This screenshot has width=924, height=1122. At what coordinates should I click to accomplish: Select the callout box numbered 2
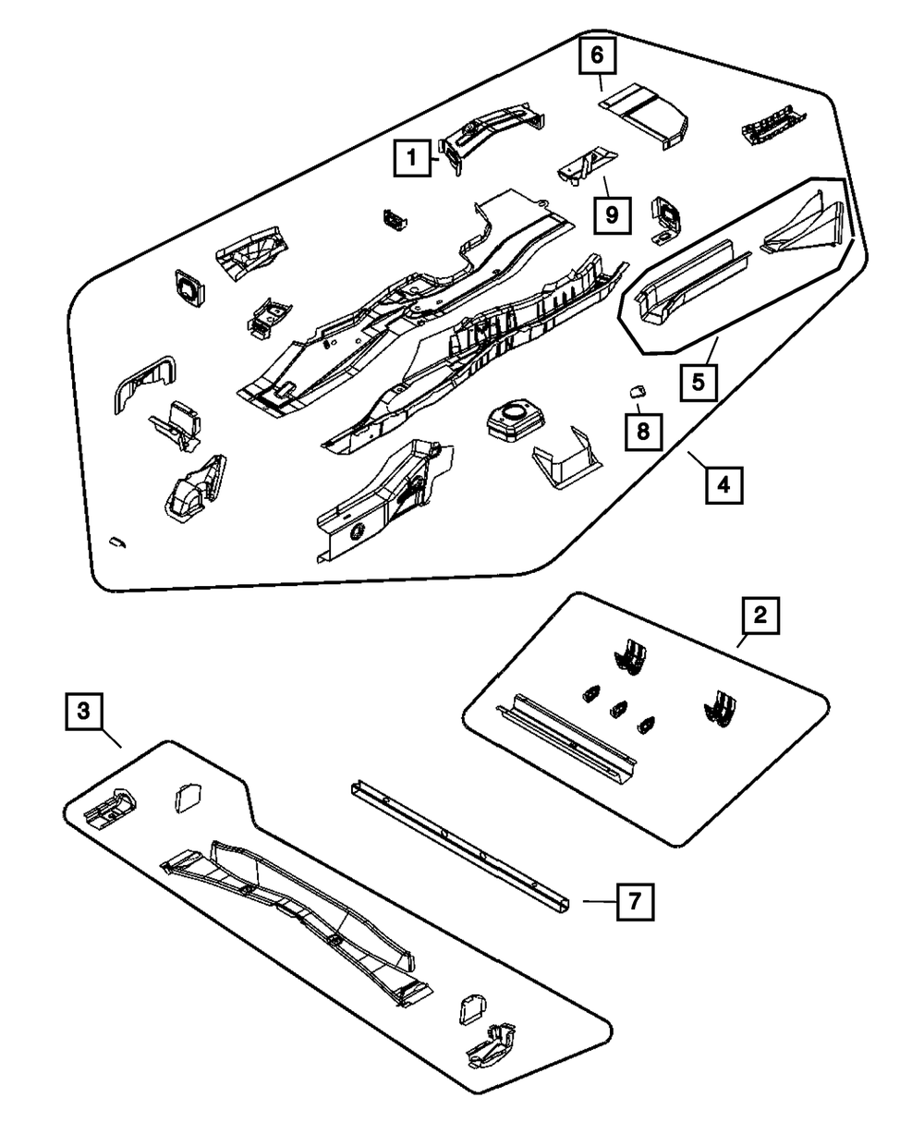[760, 616]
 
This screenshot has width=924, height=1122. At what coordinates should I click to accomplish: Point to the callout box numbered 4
[724, 483]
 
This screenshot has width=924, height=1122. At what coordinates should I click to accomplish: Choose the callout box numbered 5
[699, 381]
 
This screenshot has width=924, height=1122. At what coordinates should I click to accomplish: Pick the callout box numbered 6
[597, 57]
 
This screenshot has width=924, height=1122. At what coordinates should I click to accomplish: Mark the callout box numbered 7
[635, 901]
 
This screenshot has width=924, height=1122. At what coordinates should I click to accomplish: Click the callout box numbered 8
[644, 431]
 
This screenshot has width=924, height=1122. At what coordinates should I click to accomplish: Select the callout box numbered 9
[610, 215]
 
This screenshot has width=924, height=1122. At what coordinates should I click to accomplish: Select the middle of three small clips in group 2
[616, 711]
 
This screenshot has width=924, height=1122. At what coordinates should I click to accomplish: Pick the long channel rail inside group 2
[565, 737]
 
